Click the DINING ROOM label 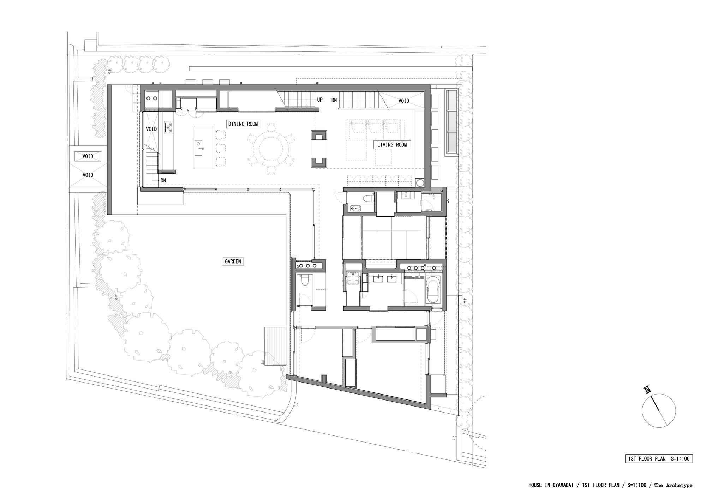point(243,124)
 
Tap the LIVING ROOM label point(392,145)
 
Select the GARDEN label point(233,261)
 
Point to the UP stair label point(320,100)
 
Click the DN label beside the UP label point(334,100)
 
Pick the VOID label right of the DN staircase point(404,101)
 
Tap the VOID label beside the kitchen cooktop point(151,129)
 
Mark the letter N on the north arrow point(647,390)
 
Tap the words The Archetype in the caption point(673,486)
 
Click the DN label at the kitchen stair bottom point(163,180)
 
